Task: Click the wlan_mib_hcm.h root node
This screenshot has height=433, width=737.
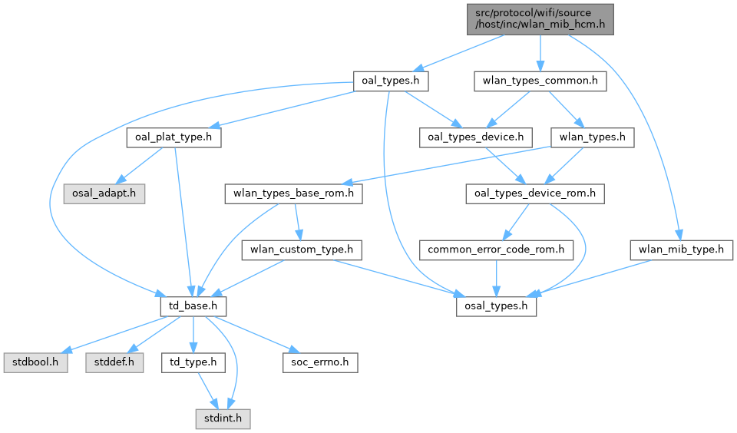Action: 540,18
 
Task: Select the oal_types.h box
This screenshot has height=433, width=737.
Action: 389,80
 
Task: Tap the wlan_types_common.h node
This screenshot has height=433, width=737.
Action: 540,80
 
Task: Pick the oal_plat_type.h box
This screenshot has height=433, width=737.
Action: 174,137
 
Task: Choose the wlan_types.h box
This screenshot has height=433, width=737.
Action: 593,137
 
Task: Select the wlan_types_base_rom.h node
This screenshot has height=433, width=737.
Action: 293,193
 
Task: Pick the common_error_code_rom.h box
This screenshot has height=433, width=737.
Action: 496,250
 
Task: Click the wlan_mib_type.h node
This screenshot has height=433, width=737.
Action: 682,250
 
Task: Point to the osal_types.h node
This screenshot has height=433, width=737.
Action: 497,306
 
